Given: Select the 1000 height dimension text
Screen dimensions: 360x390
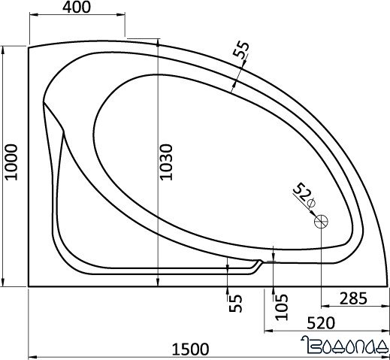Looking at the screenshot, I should [x=10, y=162].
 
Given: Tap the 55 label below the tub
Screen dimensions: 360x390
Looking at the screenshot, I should [x=236, y=304].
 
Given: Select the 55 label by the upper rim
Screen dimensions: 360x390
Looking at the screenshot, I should [x=240, y=51].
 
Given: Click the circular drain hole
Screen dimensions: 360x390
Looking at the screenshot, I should [x=322, y=221].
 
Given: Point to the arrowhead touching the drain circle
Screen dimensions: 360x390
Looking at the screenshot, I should [x=316, y=215].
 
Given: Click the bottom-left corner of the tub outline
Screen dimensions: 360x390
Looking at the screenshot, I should [x=29, y=286].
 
